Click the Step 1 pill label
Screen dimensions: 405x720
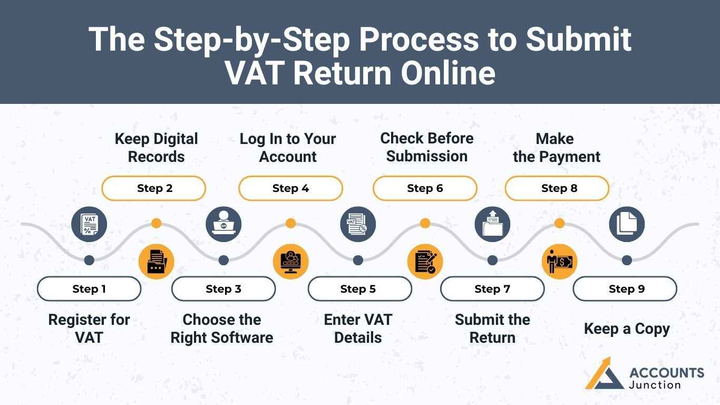pyautogui.click(x=89, y=289)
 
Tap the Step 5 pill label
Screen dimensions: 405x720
pyautogui.click(x=358, y=289)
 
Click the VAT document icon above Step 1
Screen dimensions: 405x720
pyautogui.click(x=89, y=224)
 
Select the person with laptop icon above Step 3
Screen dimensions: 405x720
pyautogui.click(x=223, y=224)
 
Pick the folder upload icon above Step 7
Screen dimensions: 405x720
pyautogui.click(x=492, y=224)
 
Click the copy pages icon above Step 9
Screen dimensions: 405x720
pyautogui.click(x=627, y=224)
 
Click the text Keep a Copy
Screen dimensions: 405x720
pyautogui.click(x=627, y=329)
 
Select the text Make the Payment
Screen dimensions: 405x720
pyautogui.click(x=556, y=148)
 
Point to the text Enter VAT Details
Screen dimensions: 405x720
pyautogui.click(x=358, y=329)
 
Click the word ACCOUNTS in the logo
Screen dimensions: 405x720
pyautogui.click(x=666, y=373)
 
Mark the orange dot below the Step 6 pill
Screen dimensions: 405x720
pyautogui.click(x=425, y=224)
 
